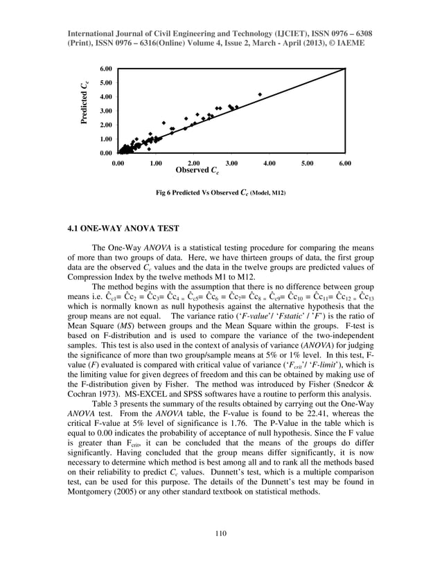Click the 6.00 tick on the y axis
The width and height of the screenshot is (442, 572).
click(106, 69)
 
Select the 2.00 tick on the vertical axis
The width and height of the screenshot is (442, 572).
click(106, 125)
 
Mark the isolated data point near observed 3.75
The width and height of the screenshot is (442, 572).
click(260, 94)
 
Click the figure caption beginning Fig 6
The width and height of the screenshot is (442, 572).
click(221, 193)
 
